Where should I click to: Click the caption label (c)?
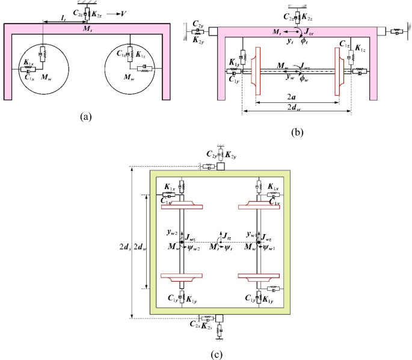click(x=217, y=353)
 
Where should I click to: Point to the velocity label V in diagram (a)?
click(x=125, y=13)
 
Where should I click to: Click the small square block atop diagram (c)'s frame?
click(x=221, y=166)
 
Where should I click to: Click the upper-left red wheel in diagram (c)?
click(x=180, y=208)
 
